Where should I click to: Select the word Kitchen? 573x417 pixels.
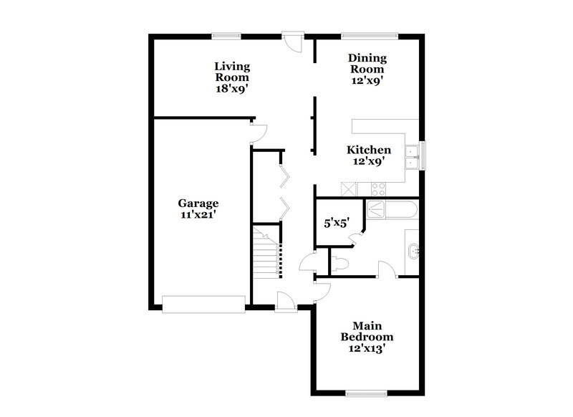click(369, 150)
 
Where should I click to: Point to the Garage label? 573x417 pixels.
click(198, 203)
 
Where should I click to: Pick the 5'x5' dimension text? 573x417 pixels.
click(337, 223)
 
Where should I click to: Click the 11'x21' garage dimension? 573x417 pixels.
click(198, 214)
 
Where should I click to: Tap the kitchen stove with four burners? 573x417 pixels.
click(377, 188)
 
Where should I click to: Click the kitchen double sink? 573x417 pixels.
click(412, 157)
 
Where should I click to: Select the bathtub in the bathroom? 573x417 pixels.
click(391, 210)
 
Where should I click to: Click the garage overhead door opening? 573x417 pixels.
click(203, 304)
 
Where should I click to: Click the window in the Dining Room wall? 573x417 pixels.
click(370, 34)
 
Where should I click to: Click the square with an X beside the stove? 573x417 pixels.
click(349, 188)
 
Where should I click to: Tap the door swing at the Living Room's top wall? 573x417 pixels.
click(292, 40)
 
